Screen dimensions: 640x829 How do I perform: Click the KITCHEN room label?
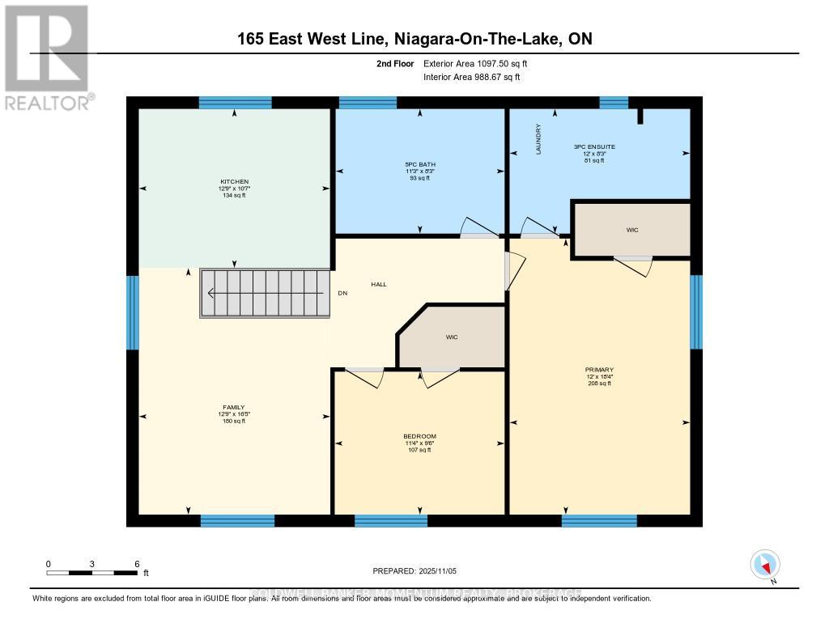click(235, 181)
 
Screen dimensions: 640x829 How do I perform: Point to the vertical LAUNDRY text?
click(538, 138)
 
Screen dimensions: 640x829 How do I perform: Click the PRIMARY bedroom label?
click(600, 370)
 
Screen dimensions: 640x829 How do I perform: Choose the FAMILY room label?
click(235, 407)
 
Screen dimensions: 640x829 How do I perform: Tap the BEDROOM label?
click(421, 436)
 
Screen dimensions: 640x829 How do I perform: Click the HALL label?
click(379, 284)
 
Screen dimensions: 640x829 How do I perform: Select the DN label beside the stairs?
click(342, 294)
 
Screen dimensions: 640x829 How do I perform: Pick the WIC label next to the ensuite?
click(632, 230)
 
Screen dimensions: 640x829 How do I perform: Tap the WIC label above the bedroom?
click(452, 337)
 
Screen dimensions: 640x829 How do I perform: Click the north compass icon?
click(765, 565)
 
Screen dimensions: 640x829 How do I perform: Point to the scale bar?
click(91, 573)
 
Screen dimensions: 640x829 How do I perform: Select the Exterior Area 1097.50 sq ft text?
click(476, 63)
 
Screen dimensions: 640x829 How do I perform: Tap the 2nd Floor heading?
click(396, 63)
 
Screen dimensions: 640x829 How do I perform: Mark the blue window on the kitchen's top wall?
click(224, 103)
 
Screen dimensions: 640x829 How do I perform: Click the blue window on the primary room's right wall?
click(695, 312)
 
